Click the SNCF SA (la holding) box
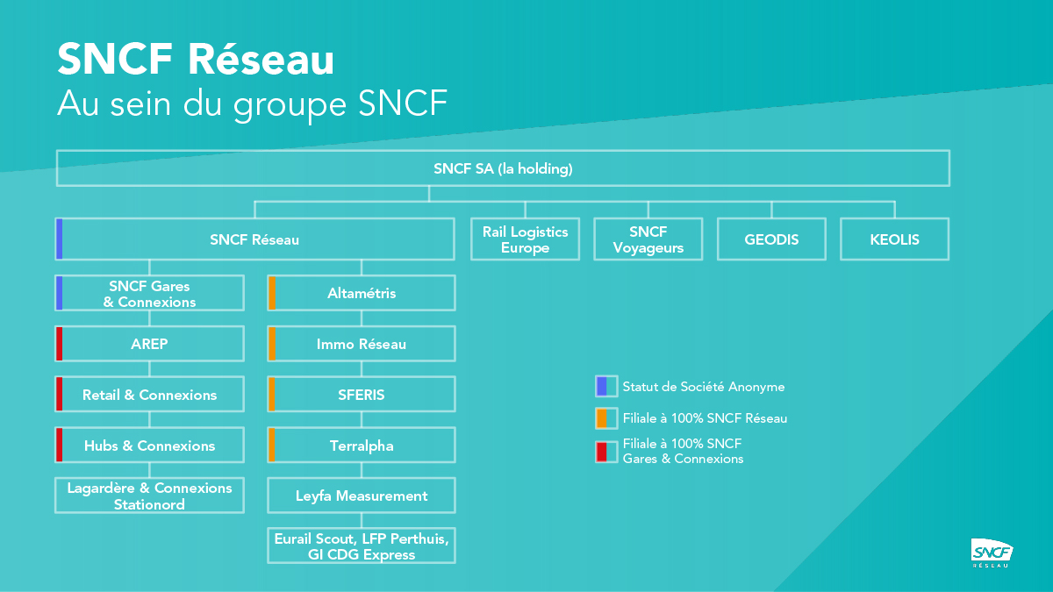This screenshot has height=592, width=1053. coord(503,168)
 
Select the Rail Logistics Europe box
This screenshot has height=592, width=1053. coord(525,239)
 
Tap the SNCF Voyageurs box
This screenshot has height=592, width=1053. coord(648,239)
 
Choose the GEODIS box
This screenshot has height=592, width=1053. coord(771,239)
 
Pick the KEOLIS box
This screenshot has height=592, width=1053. coord(894,239)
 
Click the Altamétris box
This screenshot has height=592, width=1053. coord(362,293)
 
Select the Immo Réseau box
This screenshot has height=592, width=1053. coord(362,344)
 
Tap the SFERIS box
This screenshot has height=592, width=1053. coord(362,395)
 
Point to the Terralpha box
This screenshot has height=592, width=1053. coord(362,446)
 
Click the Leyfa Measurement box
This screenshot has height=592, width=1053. coord(362,496)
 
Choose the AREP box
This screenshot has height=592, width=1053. coord(149,344)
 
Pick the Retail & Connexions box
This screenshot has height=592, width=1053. coord(149,395)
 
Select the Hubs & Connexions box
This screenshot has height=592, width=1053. coord(149,446)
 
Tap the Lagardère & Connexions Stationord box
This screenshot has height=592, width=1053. coord(149,496)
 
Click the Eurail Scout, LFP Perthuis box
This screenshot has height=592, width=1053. coord(362,546)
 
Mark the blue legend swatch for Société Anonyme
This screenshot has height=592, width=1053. coord(602,387)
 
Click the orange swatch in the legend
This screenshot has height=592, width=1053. coord(602,418)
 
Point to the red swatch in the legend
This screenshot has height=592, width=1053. coord(602,452)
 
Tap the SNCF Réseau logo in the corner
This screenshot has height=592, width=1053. coord(992,553)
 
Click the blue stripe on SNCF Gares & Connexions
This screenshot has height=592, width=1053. coord(60,293)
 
